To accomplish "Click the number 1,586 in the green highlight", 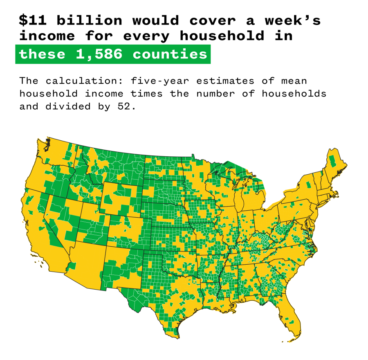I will (x=99, y=54).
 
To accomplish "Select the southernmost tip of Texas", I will (x=177, y=337).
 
